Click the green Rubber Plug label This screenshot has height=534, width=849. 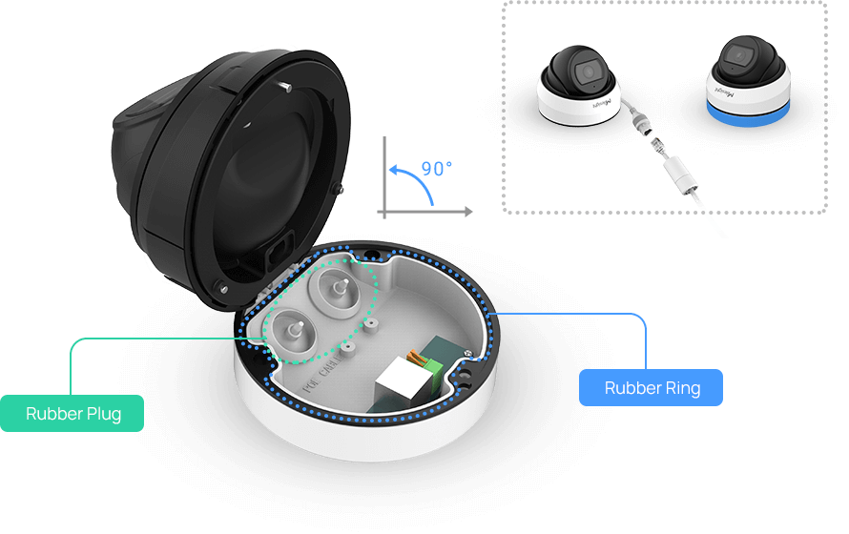tap(72, 413)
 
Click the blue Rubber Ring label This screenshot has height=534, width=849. tap(652, 388)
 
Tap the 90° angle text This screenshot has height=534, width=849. tap(437, 169)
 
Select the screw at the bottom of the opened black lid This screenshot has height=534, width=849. tap(221, 286)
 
